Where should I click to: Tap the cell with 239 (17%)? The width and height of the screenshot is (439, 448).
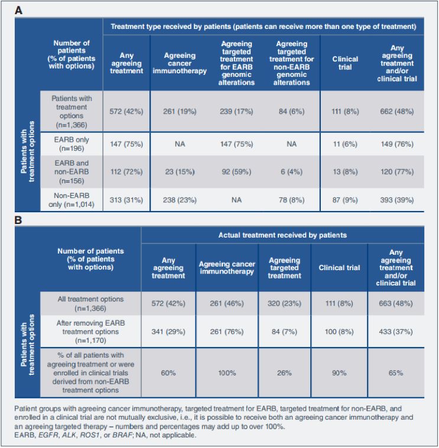[237, 112]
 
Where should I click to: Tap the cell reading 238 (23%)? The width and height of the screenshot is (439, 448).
[185, 200]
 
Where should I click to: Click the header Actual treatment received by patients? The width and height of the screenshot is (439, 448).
[282, 235]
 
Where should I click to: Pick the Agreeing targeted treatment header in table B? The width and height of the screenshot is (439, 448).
[284, 268]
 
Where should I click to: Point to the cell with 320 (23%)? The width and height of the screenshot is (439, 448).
[284, 303]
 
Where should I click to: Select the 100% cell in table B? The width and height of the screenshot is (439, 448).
[227, 373]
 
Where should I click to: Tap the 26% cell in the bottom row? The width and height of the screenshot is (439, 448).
[284, 373]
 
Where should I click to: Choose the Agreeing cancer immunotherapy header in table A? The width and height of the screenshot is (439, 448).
[185, 63]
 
